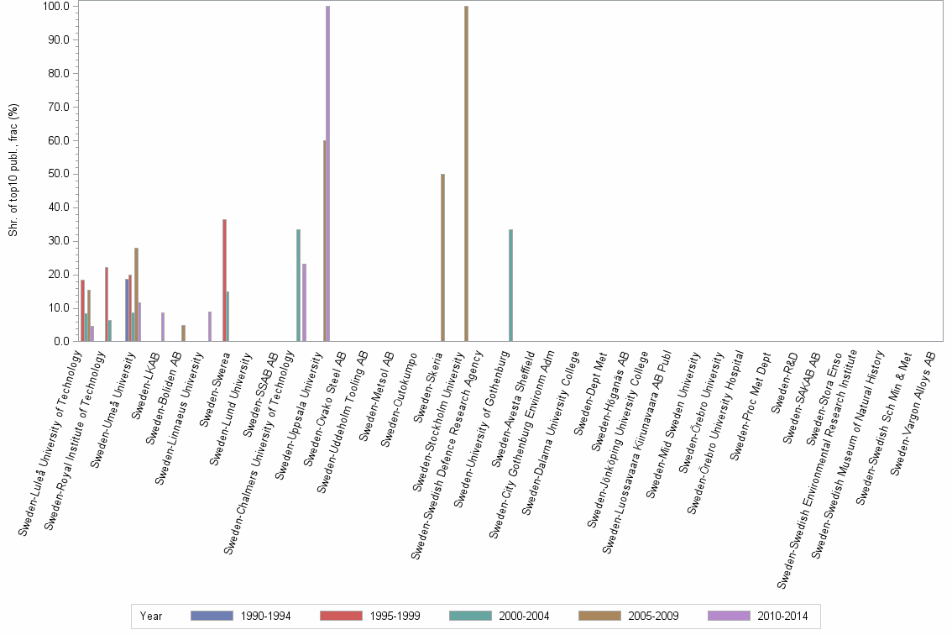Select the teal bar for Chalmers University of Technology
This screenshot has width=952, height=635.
[x=298, y=286]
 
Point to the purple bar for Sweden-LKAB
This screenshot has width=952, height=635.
[x=163, y=327]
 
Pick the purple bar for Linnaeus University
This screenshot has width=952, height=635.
[x=210, y=327]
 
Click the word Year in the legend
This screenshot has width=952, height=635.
[x=151, y=616]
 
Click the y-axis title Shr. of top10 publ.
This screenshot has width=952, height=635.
[x=13, y=168]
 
